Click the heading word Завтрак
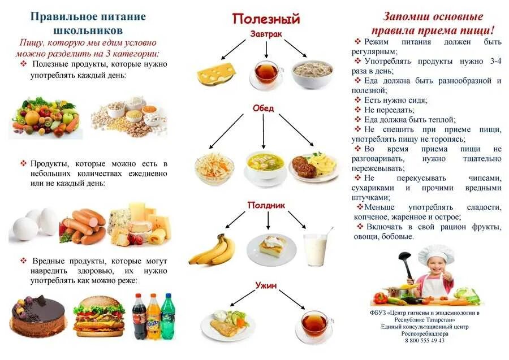click(266, 34)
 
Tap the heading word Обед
click(263, 108)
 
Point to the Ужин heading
click(265, 286)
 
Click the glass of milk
click(314, 249)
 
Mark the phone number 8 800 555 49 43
click(425, 340)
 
